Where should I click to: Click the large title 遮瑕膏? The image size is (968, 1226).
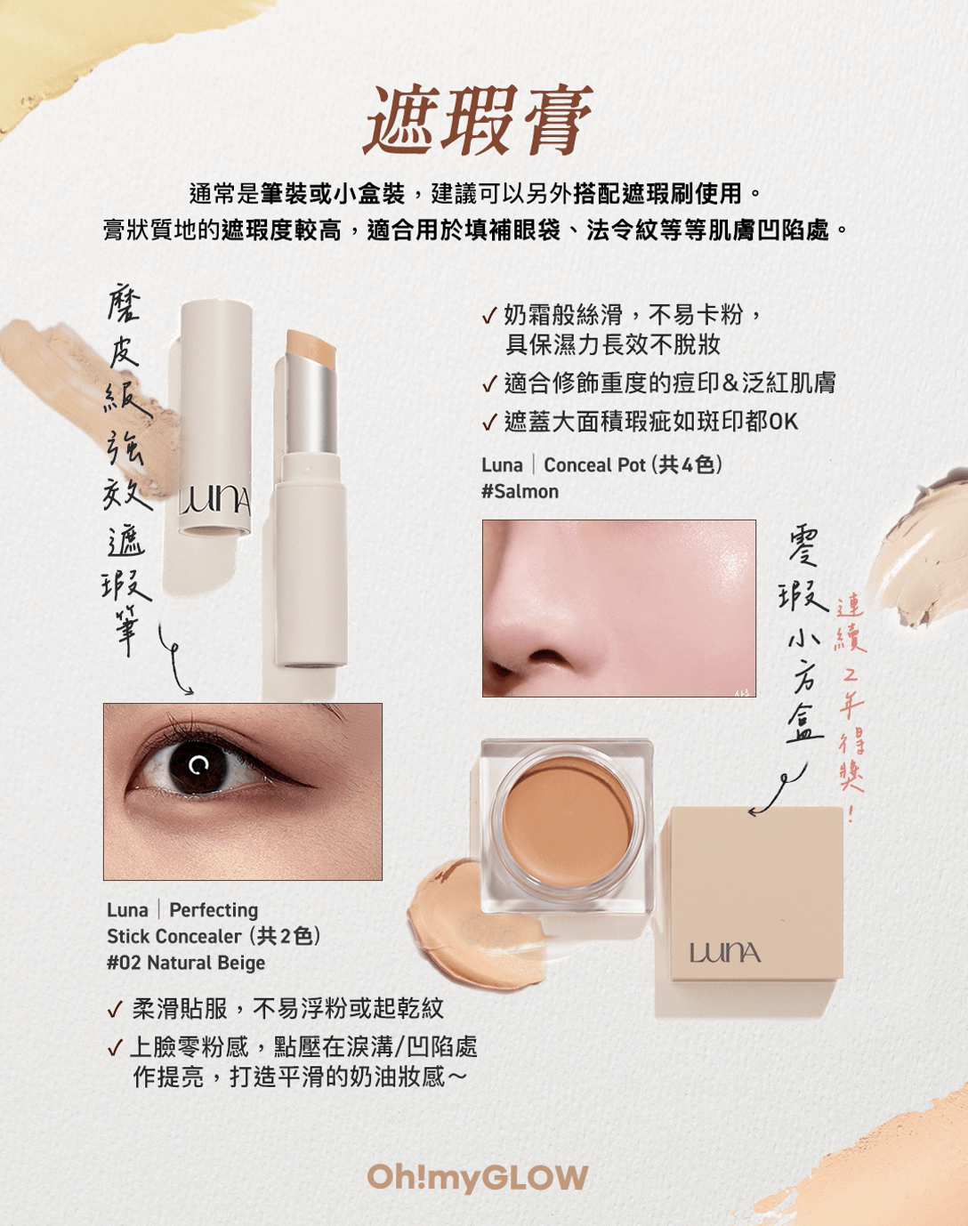(x=480, y=121)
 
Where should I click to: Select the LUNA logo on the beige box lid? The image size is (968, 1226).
(x=725, y=954)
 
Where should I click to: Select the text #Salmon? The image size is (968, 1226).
(x=520, y=492)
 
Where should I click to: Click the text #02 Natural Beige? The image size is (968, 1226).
(x=186, y=963)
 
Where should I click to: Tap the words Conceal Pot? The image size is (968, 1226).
(x=595, y=465)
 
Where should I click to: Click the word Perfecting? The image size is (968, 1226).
(x=214, y=910)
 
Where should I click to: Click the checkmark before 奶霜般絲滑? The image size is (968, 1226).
(x=489, y=316)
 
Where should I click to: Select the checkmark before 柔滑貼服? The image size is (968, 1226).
(x=115, y=1010)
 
